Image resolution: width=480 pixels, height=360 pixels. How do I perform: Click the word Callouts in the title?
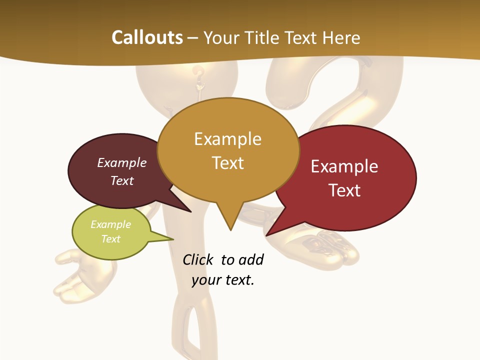147,37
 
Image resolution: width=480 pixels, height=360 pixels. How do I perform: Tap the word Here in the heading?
340,37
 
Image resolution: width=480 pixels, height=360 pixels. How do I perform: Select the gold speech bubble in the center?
228,150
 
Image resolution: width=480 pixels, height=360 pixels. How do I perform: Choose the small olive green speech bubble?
111,232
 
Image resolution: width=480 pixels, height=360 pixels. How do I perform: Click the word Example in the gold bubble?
227,139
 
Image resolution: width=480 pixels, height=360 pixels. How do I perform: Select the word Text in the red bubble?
345,190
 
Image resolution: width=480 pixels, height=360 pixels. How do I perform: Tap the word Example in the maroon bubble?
122,162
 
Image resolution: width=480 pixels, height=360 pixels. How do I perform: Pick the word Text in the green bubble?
111,239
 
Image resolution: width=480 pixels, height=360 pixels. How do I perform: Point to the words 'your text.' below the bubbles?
223,280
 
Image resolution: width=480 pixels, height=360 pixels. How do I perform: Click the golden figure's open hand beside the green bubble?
75,272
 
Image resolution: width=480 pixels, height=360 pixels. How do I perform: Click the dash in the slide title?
193,38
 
